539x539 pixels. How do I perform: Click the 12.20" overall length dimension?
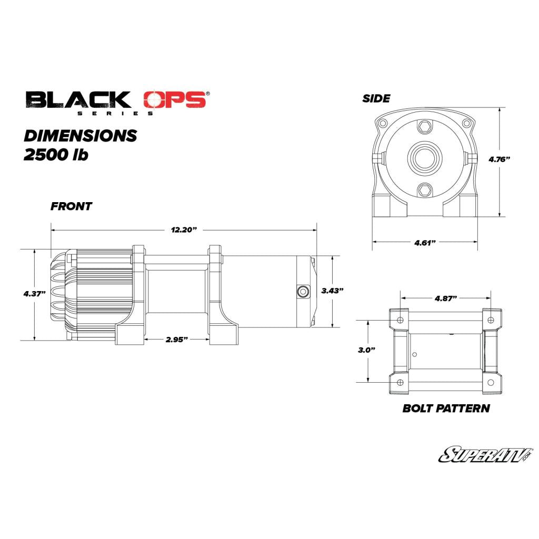point(183,230)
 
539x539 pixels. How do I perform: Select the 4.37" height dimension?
point(34,293)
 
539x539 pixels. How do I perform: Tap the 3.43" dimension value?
point(332,291)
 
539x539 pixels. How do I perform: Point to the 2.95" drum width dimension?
point(177,340)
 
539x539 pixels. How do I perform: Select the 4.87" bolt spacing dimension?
point(445,298)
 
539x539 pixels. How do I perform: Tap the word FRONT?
point(71,206)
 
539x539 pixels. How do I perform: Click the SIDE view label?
point(376,98)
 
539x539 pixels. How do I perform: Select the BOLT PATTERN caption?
point(446,408)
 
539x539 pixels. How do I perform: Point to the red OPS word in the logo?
point(175,99)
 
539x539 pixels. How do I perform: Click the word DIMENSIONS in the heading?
point(81,135)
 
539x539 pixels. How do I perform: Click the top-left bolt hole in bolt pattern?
point(401,320)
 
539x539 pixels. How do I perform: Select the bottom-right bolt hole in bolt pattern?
point(491,382)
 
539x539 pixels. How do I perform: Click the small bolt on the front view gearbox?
point(303,291)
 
